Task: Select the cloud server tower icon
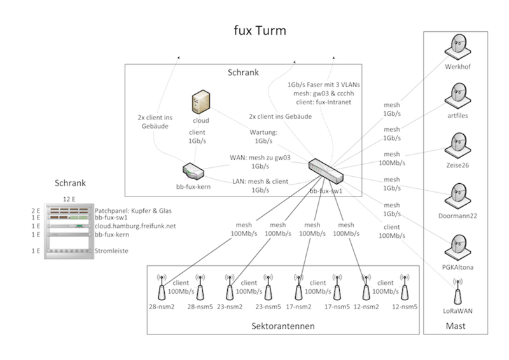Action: pos(200,103)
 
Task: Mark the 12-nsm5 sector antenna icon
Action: pos(404,287)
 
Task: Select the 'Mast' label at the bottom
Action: pos(456,326)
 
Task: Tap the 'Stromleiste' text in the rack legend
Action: pos(111,251)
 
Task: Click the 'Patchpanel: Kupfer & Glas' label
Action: pos(133,211)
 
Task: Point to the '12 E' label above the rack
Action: pos(70,200)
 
